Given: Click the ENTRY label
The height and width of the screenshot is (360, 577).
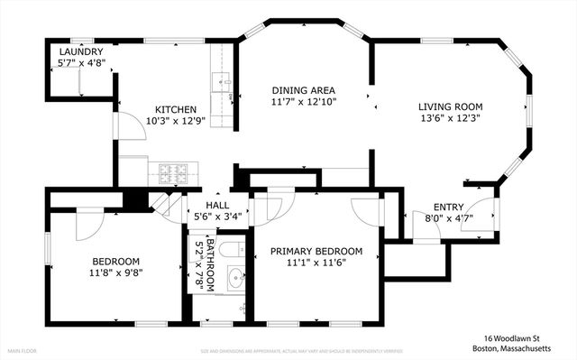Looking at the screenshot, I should [448, 207].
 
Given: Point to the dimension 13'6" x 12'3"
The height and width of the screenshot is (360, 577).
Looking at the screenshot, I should [451, 119].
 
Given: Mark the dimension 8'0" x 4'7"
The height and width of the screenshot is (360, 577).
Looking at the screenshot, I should [448, 217].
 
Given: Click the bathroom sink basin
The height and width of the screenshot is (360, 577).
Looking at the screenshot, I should [235, 278].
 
